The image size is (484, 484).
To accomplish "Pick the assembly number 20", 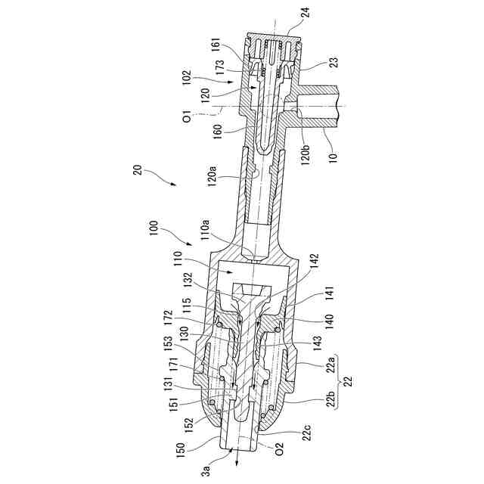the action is point(138,169).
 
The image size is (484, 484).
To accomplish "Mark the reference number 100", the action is point(154,227).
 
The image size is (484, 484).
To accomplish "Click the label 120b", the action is point(306,150).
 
